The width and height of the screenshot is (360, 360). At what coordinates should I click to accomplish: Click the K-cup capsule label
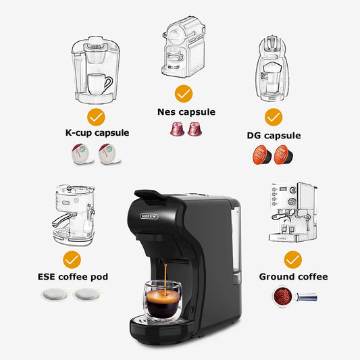coord(97,132)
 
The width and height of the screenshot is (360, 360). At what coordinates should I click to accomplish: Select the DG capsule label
coord(274,135)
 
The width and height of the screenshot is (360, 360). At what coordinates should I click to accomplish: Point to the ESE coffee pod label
coord(72,276)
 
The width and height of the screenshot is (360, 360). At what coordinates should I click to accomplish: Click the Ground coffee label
coord(294,276)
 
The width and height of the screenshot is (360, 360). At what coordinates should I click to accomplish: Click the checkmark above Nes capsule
coord(182,93)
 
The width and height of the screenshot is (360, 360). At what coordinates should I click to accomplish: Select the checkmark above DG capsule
coord(273,118)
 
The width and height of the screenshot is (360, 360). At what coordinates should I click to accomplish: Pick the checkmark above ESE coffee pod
coord(72,259)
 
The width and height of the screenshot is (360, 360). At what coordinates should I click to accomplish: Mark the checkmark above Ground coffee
coord(292,259)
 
